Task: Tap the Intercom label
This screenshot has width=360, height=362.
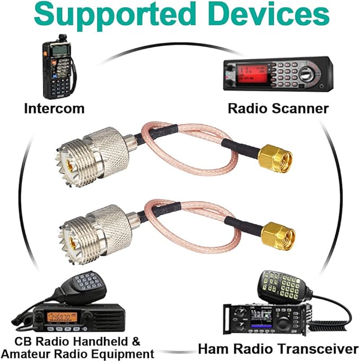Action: click(54, 109)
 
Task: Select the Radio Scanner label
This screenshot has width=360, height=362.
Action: click(278, 109)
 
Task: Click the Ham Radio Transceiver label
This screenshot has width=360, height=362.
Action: click(278, 349)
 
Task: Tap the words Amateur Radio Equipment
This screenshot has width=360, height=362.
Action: click(78, 353)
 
